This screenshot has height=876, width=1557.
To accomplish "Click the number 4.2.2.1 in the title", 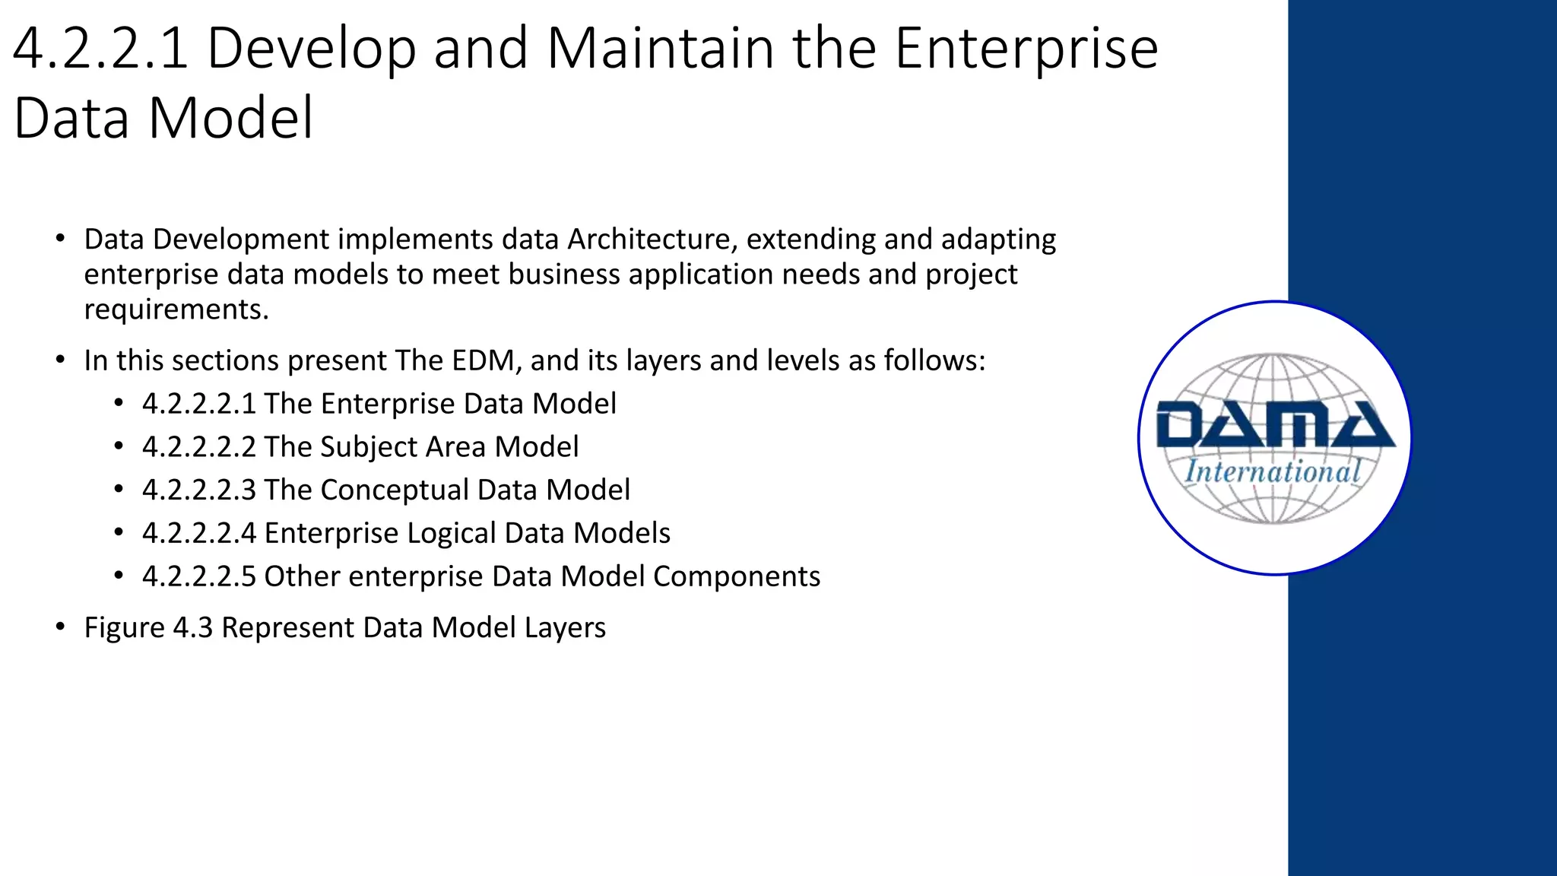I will [x=100, y=49].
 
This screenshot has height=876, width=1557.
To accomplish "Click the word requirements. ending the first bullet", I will [x=176, y=309].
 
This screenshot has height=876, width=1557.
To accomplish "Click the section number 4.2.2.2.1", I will [x=198, y=404].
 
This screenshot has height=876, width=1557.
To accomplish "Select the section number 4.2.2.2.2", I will [x=198, y=447].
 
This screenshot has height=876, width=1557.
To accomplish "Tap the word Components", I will [x=736, y=577].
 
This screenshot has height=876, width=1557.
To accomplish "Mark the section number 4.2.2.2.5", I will [x=198, y=576].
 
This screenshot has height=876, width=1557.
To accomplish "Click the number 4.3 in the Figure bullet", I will [x=193, y=628].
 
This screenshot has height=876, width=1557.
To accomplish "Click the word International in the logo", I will [x=1273, y=471].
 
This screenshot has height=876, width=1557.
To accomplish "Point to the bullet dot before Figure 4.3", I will [x=60, y=627].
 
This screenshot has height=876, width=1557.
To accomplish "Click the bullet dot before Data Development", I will [x=60, y=239].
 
